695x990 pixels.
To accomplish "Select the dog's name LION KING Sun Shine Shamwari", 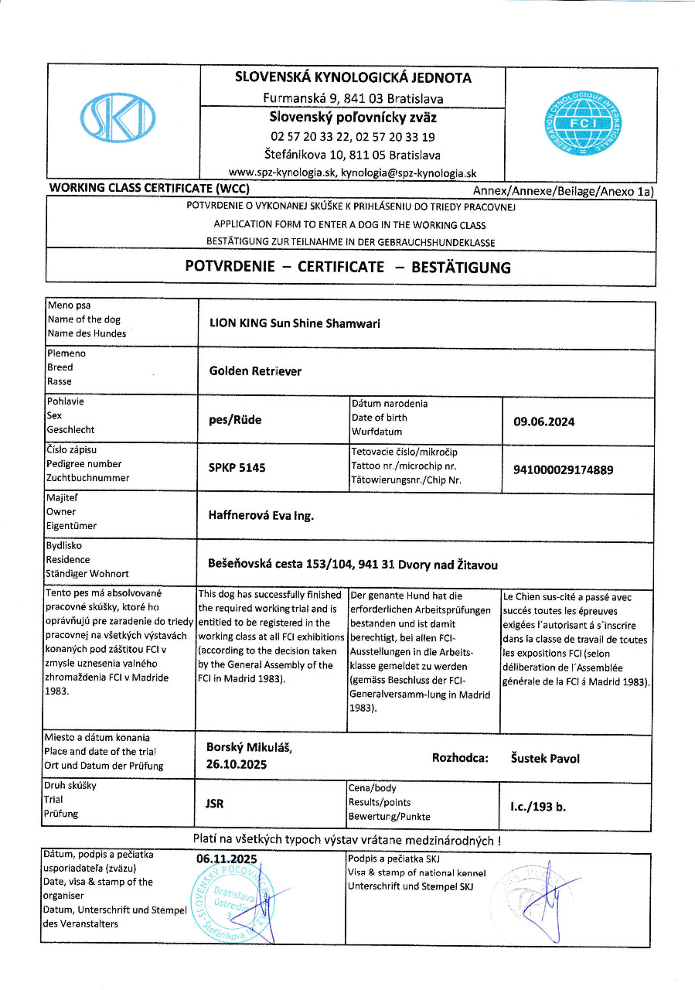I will tap(295, 324).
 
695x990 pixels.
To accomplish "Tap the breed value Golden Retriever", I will tap(255, 371).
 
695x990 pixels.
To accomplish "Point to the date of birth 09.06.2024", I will tap(544, 422).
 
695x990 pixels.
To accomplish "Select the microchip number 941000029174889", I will tap(564, 469).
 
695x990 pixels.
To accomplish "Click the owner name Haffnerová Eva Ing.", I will tap(261, 515).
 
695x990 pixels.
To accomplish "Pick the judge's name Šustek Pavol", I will tap(545, 759).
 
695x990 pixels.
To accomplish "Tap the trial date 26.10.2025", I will tap(236, 765).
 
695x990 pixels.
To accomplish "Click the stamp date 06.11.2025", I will tap(227, 859).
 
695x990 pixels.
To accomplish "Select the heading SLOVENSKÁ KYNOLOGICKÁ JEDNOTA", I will tap(353, 77).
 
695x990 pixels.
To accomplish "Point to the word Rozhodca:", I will tap(460, 759).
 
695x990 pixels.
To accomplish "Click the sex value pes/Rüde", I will tap(236, 420).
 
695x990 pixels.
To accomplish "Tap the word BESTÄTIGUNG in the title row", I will tap(461, 268).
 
